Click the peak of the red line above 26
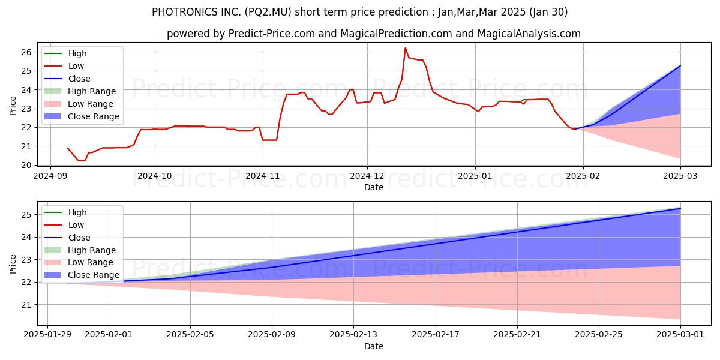(x=406, y=48)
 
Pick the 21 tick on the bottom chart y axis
(x=29, y=305)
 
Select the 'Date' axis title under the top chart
(x=374, y=187)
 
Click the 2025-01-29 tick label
(x=47, y=334)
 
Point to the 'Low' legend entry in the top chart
(x=76, y=66)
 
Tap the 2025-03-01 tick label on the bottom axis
(x=680, y=334)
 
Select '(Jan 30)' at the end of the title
(x=546, y=12)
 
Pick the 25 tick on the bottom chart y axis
(x=29, y=215)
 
